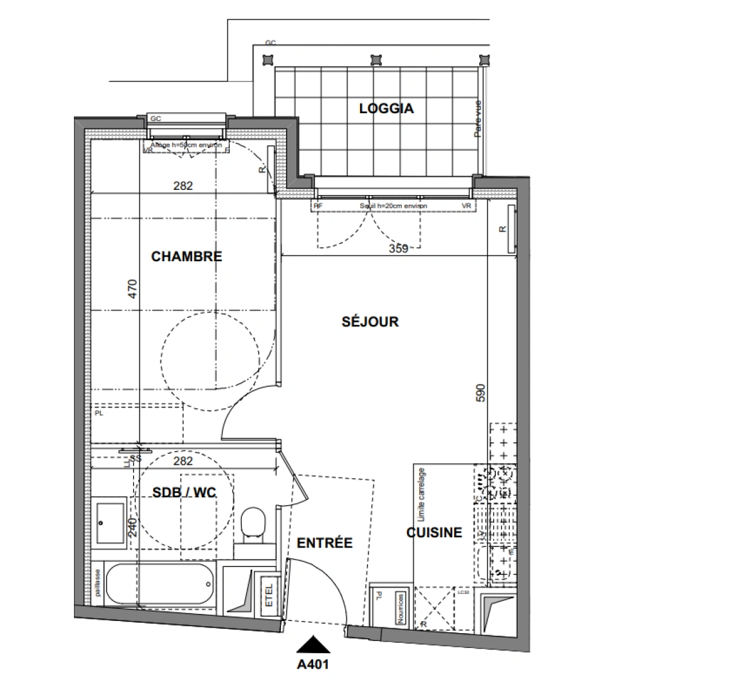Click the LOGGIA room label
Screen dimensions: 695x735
click(386, 109)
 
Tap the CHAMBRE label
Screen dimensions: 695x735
click(186, 257)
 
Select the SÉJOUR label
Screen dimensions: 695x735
click(370, 322)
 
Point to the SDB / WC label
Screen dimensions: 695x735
click(184, 492)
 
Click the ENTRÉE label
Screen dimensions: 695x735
click(325, 543)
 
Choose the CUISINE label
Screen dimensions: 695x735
click(434, 533)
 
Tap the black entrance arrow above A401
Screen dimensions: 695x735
click(313, 644)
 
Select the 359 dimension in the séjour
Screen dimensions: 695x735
click(399, 248)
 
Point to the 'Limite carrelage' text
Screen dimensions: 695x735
click(422, 494)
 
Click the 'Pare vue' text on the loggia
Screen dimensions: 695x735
click(478, 118)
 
